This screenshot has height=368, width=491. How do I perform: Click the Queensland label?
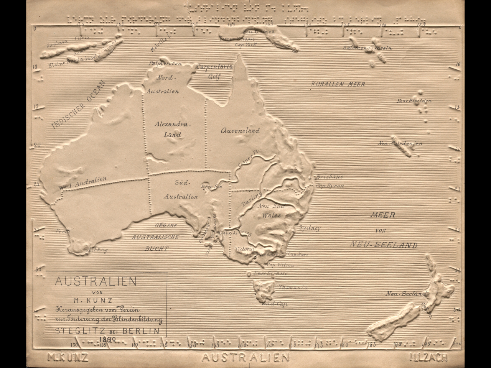[240, 130]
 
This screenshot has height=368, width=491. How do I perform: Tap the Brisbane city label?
[329, 177]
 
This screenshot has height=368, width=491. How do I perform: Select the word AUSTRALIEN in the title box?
[96, 281]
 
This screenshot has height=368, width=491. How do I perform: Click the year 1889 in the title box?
[107, 339]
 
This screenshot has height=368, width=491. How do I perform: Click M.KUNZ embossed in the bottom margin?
[68, 357]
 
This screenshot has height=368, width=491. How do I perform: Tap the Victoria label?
[245, 248]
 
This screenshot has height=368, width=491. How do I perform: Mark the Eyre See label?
[211, 187]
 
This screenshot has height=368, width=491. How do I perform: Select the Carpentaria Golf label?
[214, 71]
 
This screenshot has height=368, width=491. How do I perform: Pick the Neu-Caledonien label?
[400, 143]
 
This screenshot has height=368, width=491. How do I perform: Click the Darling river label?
[252, 199]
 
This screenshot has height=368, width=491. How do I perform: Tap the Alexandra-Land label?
[172, 129]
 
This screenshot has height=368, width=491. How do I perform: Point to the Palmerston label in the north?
[165, 63]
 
